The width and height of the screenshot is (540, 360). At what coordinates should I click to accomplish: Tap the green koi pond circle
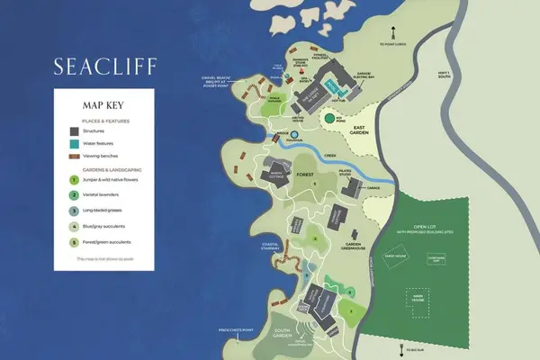point(330,118)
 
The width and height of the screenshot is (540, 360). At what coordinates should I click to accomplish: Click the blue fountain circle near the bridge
point(292,135)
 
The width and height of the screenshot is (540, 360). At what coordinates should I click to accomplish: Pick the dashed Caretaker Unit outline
point(436,260)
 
